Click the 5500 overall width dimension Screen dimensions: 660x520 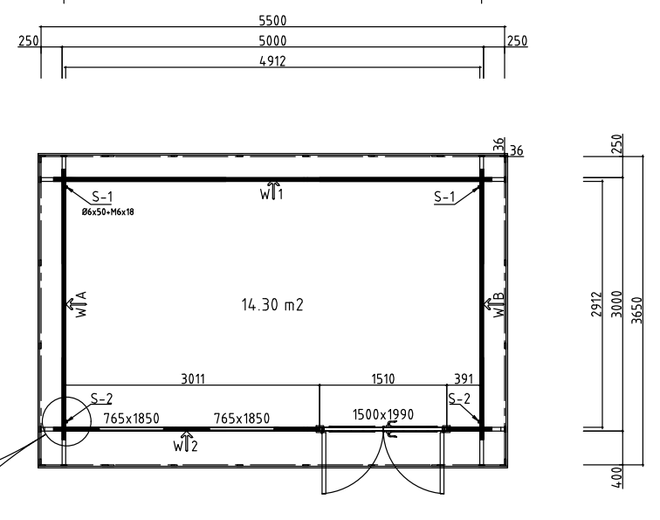tap(272, 20)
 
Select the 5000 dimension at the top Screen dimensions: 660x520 tap(272, 41)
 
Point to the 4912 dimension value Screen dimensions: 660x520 tap(272, 61)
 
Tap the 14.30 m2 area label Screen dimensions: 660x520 tap(272, 304)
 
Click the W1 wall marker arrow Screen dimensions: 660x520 tap(272, 191)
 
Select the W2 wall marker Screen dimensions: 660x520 tap(185, 442)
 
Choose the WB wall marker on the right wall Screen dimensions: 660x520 tap(494, 304)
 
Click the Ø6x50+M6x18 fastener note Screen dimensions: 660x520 tap(107, 212)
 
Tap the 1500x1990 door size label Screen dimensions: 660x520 tap(383, 414)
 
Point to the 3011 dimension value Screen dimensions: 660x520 tap(193, 378)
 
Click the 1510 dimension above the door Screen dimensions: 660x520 tap(383, 378)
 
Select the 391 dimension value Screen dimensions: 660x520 tap(464, 378)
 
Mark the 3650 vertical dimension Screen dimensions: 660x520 tap(637, 310)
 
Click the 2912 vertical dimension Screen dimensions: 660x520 tap(596, 304)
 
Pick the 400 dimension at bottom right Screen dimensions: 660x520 tap(616, 477)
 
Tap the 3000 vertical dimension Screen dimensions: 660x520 tap(616, 304)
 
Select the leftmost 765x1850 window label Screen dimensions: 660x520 tap(131, 419)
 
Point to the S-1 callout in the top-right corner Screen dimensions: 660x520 tap(444, 197)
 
